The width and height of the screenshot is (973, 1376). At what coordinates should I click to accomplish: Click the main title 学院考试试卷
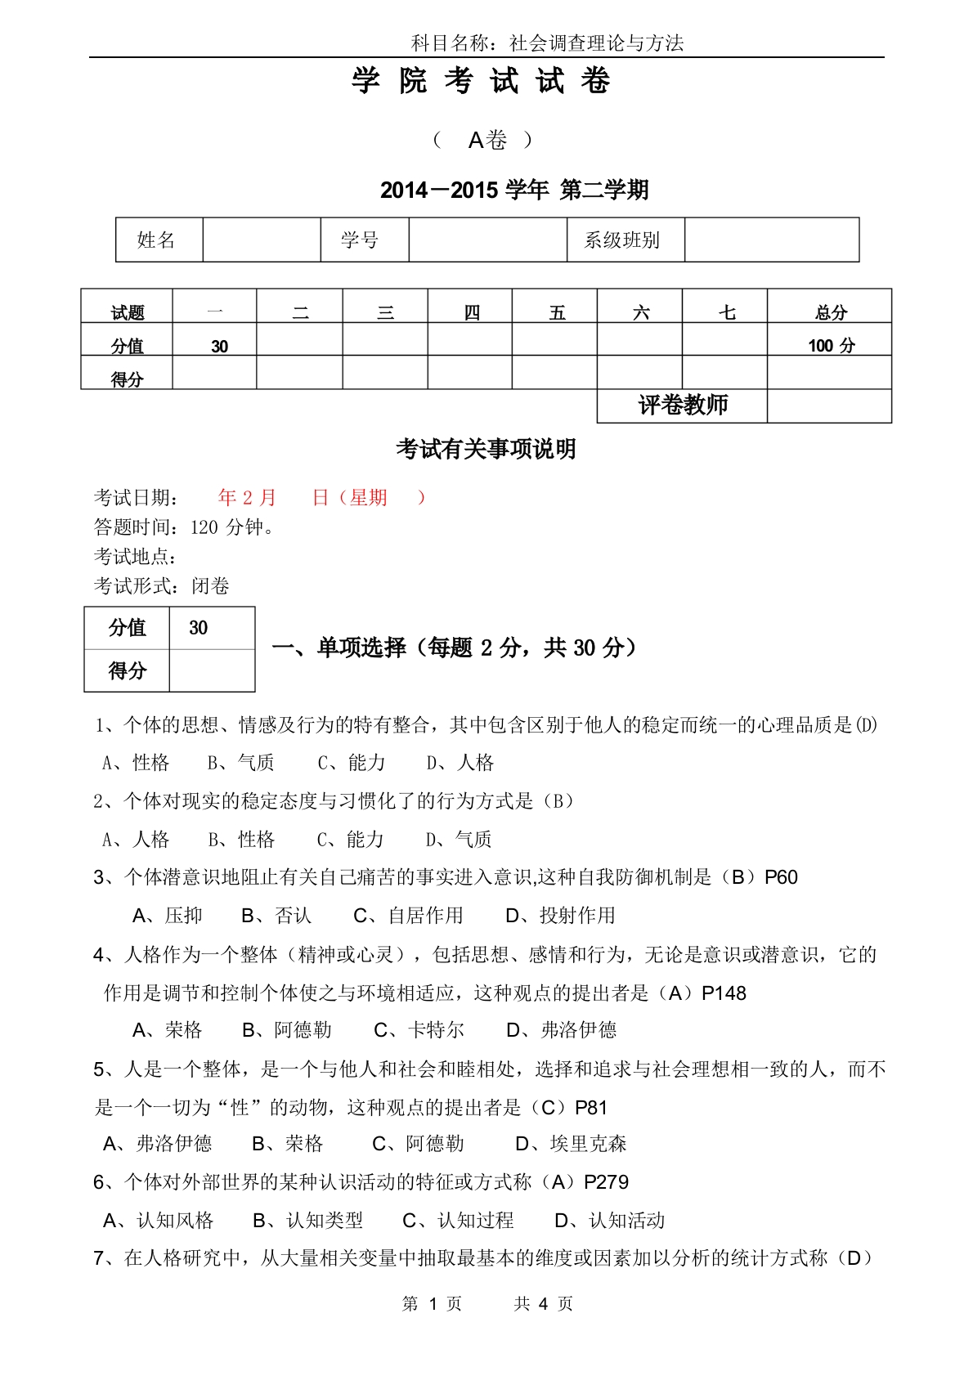482,82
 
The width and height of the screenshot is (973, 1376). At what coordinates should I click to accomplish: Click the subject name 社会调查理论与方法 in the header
596,43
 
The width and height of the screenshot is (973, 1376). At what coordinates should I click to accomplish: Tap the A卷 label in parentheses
486,141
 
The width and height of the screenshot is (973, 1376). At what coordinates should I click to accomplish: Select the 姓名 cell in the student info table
157,240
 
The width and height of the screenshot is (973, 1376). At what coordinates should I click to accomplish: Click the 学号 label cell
360,240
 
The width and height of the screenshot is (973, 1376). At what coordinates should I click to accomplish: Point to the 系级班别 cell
621,240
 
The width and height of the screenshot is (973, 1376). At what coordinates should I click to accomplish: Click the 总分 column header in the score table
831,312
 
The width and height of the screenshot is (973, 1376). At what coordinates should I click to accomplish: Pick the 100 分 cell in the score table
831,346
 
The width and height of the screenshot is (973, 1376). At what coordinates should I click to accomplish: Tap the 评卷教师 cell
682,406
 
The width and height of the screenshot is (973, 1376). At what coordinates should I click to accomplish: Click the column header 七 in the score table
726,312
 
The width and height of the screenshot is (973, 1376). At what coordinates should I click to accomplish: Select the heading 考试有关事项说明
486,449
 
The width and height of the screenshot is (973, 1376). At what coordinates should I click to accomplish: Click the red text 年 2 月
247,498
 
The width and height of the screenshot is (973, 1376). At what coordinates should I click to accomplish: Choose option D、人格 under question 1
460,763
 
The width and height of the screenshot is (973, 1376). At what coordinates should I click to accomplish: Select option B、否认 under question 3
276,916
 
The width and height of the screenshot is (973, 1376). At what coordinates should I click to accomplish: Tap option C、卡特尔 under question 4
419,1030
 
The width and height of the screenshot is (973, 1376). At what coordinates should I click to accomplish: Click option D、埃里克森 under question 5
571,1144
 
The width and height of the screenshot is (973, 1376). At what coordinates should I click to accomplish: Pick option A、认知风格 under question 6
159,1221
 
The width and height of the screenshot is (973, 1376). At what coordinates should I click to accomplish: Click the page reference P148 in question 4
724,993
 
